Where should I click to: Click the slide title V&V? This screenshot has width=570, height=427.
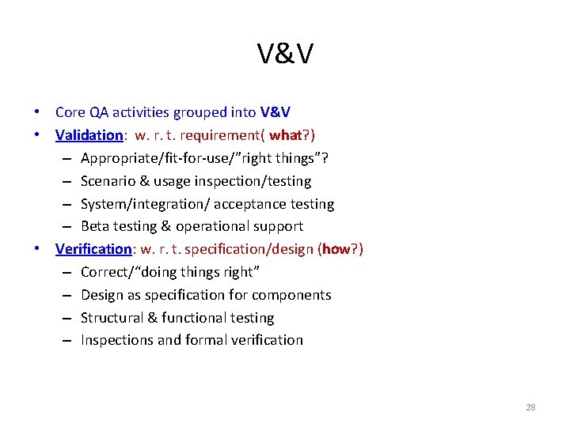(285, 55)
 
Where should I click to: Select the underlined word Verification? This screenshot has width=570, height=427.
(93, 249)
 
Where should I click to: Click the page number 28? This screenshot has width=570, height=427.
(530, 407)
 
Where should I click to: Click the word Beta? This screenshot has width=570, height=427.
(95, 226)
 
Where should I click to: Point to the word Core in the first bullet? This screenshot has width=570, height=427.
(70, 112)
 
